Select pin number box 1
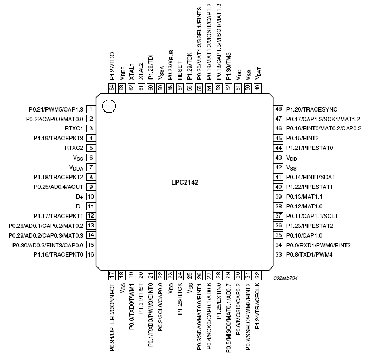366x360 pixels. point(91,109)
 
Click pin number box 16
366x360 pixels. point(91,254)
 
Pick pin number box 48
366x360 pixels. point(278,109)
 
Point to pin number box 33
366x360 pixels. point(278,254)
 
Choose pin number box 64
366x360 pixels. point(112,88)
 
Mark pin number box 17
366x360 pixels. point(112,276)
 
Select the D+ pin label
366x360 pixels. point(78,197)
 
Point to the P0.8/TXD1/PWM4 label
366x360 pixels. point(310,254)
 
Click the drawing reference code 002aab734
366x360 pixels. point(285,278)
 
